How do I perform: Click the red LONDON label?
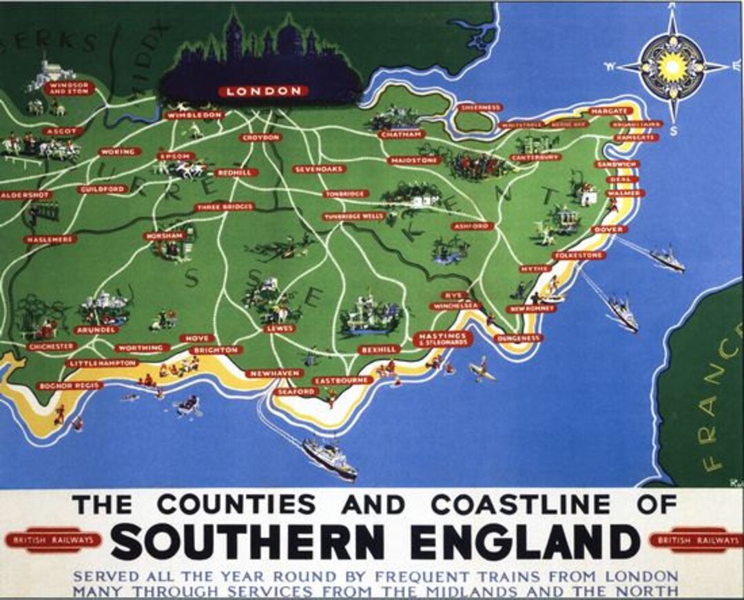(x=264, y=91)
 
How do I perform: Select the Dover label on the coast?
(x=608, y=229)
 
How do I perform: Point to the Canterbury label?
(x=536, y=157)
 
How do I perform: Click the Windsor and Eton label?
(x=68, y=88)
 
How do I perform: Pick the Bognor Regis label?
(x=70, y=386)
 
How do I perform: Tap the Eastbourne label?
(x=342, y=380)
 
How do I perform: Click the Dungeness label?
(x=519, y=339)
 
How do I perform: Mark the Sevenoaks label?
(x=318, y=169)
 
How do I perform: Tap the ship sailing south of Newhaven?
(x=329, y=458)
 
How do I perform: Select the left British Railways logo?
(x=53, y=540)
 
